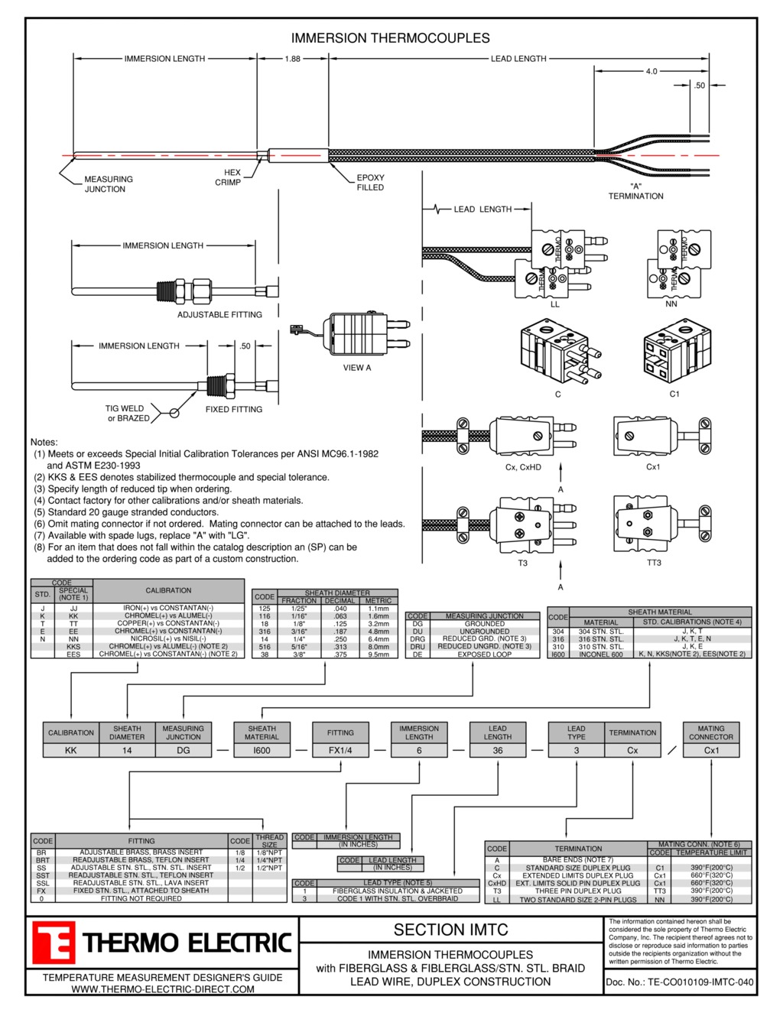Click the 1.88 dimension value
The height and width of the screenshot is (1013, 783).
tap(293, 59)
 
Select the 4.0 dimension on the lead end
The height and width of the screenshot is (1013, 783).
tap(651, 71)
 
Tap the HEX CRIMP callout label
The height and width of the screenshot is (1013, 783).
tap(228, 177)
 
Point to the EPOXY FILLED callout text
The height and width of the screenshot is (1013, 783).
tap(370, 182)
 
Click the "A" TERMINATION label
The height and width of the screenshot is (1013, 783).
tap(635, 191)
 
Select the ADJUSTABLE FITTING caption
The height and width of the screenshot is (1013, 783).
tap(219, 314)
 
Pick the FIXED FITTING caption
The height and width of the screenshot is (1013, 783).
tap(233, 409)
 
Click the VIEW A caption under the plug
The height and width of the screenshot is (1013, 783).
tap(356, 368)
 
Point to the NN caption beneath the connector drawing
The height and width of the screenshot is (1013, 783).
tap(671, 304)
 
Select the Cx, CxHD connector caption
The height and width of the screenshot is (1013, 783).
tap(523, 467)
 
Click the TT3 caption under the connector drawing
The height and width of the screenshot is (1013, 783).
tap(654, 563)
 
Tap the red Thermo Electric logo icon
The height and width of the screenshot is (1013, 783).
tap(53, 942)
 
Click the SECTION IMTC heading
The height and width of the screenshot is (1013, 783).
tap(450, 930)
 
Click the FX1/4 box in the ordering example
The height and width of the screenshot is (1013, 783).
tap(340, 750)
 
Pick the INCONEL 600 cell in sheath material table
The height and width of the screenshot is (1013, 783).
tap(600, 654)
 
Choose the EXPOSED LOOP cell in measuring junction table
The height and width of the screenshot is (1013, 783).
tap(484, 654)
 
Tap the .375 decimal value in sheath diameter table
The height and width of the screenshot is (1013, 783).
tap(340, 654)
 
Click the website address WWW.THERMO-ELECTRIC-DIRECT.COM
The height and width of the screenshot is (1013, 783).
tap(163, 989)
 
